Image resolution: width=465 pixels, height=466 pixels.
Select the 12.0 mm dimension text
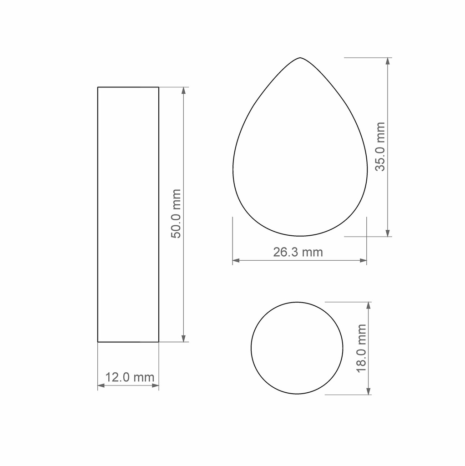pyautogui.click(x=130, y=377)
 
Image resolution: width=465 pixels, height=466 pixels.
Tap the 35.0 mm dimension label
pyautogui.click(x=380, y=147)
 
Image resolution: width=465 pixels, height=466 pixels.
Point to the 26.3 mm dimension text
pyautogui.click(x=298, y=252)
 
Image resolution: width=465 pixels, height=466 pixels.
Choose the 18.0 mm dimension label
pyautogui.click(x=361, y=348)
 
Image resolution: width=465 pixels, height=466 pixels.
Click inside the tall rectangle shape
pyautogui.click(x=128, y=214)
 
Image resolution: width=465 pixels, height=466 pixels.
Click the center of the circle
pyautogui.click(x=297, y=348)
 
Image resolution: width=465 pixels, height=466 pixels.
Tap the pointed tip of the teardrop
pyautogui.click(x=300, y=58)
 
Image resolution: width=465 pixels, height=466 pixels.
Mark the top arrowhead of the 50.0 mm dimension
pyautogui.click(x=184, y=90)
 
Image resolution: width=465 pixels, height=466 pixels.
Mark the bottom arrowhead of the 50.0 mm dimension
pyautogui.click(x=184, y=339)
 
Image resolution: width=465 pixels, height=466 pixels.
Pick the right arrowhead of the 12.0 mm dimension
pyautogui.click(x=156, y=386)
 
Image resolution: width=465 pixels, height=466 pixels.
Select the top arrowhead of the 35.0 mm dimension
pyautogui.click(x=388, y=61)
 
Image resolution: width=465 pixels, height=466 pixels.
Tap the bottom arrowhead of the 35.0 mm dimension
pyautogui.click(x=388, y=233)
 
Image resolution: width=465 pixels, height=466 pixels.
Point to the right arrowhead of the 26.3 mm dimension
pyautogui.click(x=364, y=261)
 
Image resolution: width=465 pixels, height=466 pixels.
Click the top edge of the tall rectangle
pyautogui.click(x=128, y=87)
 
